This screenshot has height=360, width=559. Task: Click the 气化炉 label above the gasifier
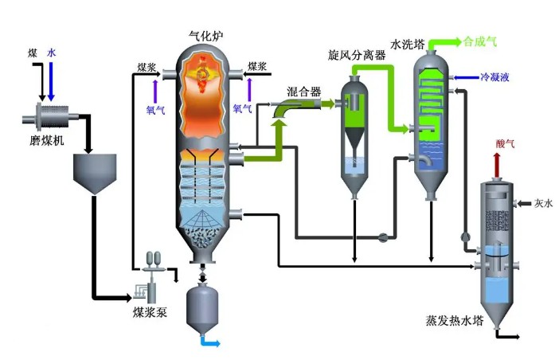coord(204,35)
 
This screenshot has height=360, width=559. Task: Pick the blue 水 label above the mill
coord(52,53)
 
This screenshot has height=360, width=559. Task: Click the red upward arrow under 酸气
coord(498,166)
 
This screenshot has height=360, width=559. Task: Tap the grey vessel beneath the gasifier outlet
coord(202,307)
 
